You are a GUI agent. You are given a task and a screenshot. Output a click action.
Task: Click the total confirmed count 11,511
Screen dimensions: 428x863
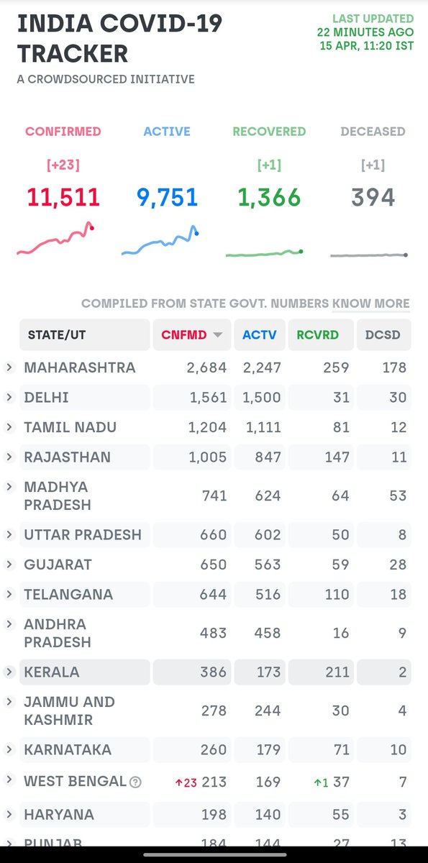click(x=63, y=198)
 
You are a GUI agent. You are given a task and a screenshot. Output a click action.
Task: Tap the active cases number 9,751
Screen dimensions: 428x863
click(x=167, y=198)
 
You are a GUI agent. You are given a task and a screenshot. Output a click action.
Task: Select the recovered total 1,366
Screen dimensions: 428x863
click(x=269, y=198)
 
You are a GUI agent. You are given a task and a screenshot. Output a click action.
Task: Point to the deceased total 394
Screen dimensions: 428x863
click(x=373, y=198)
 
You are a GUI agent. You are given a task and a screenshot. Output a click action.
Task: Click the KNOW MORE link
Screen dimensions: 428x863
click(x=370, y=303)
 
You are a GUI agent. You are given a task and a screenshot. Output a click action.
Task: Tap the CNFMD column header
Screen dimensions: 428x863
click(x=192, y=335)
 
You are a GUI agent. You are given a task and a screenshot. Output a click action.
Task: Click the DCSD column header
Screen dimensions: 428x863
click(x=383, y=335)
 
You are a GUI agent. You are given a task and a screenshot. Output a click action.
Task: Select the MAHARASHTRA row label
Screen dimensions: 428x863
click(x=80, y=367)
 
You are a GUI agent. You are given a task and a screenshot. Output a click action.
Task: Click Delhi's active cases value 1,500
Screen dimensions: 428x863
click(x=262, y=398)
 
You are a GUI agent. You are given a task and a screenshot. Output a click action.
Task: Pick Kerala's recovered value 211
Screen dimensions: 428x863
click(x=337, y=672)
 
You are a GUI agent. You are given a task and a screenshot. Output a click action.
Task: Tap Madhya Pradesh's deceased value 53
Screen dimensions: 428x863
click(x=398, y=496)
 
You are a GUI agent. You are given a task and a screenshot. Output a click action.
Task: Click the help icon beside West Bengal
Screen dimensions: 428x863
click(x=135, y=782)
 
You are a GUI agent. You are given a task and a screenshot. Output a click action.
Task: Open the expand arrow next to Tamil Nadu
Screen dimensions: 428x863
click(x=9, y=427)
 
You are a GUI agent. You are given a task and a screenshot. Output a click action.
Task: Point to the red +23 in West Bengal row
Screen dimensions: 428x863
click(x=186, y=783)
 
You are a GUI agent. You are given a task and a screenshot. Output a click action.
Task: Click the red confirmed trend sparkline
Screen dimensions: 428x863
click(x=55, y=238)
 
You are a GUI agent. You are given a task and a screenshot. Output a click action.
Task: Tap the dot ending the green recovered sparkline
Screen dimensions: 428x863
click(x=301, y=252)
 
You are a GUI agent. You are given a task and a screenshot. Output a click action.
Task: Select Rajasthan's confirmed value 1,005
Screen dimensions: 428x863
click(x=208, y=457)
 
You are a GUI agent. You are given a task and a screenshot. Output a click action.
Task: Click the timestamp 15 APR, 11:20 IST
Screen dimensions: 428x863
click(x=367, y=46)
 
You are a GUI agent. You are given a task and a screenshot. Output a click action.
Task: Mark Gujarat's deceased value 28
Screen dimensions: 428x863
click(x=398, y=565)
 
